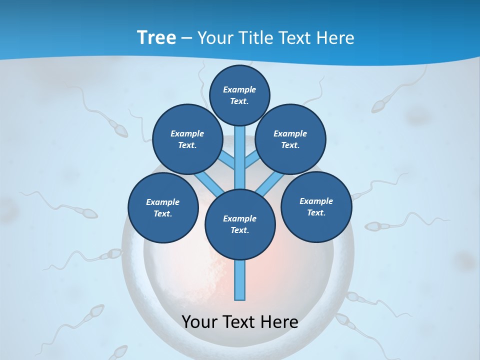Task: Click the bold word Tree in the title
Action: (x=156, y=37)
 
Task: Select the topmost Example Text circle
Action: (x=239, y=95)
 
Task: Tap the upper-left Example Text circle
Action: (x=187, y=139)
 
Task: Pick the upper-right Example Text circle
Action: (x=290, y=139)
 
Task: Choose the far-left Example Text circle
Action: (x=162, y=208)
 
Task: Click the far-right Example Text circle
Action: (x=316, y=207)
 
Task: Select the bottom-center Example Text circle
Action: (x=239, y=224)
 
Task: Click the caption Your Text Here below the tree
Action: (x=240, y=322)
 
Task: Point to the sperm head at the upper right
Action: (x=378, y=105)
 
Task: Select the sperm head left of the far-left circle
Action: (x=89, y=213)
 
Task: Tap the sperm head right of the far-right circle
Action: (x=372, y=226)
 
